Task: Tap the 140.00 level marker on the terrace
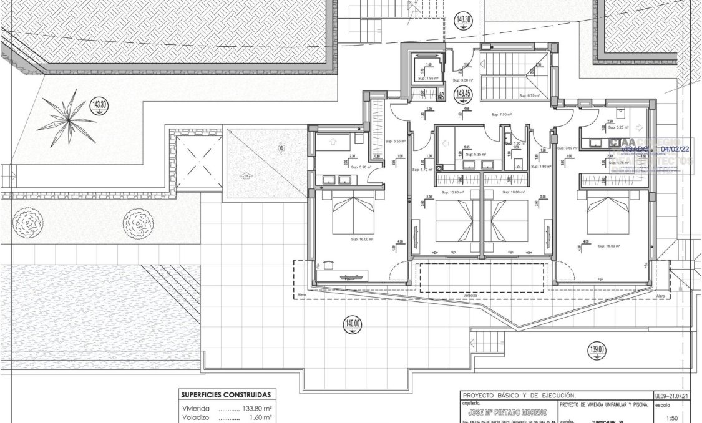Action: (353, 324)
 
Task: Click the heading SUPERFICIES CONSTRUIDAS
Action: (225, 394)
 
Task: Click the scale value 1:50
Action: (673, 419)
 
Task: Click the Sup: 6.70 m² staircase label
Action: (529, 95)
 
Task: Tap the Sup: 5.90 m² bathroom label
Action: (361, 167)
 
